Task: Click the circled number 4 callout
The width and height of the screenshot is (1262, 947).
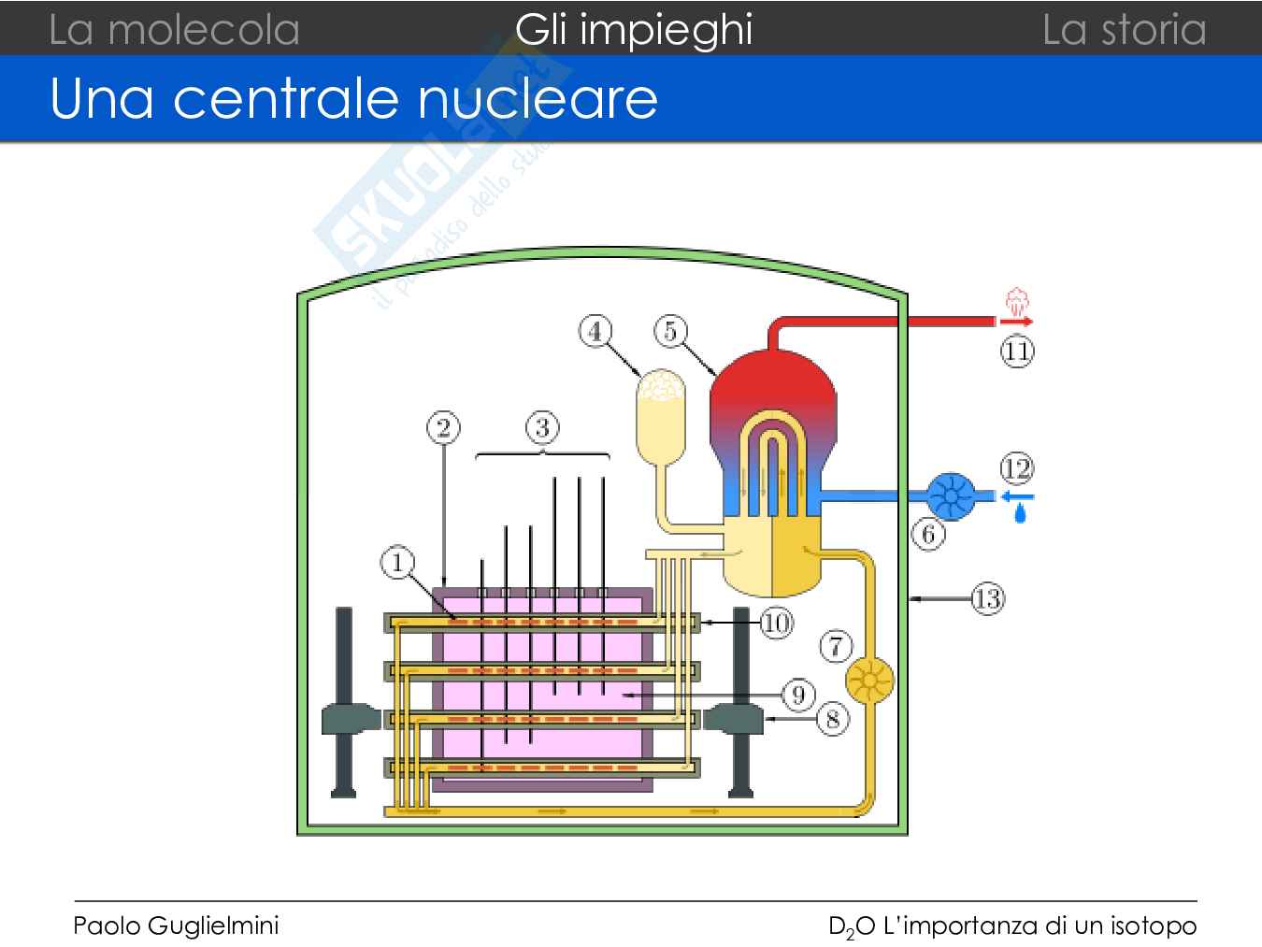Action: click(595, 331)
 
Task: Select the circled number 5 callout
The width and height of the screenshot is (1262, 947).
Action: click(670, 331)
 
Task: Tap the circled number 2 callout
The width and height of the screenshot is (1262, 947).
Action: click(443, 428)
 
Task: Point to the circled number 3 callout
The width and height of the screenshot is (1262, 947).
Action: click(542, 428)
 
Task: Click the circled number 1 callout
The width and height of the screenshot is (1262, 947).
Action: click(397, 563)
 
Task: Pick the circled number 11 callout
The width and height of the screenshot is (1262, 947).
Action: click(1017, 352)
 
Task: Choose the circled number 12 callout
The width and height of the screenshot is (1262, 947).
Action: click(1016, 467)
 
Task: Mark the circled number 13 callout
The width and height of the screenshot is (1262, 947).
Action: click(987, 597)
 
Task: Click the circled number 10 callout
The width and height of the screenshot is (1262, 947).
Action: click(776, 623)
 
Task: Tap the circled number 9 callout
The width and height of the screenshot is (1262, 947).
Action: click(797, 695)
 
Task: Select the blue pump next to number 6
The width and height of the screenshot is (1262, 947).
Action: click(951, 495)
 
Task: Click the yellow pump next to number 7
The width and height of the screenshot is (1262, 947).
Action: click(869, 681)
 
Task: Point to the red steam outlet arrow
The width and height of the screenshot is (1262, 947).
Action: click(1016, 322)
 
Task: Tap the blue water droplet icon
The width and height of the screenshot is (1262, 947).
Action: click(1020, 513)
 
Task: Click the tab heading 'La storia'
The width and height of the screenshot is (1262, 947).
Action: click(1124, 29)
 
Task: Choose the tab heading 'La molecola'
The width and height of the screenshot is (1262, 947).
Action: click(174, 29)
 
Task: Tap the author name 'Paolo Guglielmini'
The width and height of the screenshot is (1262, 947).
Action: click(176, 925)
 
